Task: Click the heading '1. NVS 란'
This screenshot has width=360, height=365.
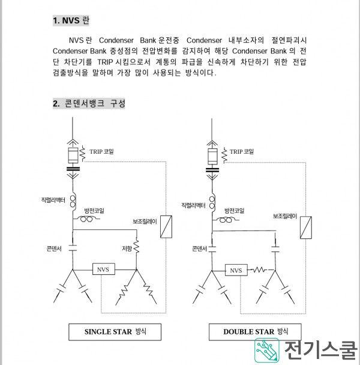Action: pyautogui.click(x=71, y=20)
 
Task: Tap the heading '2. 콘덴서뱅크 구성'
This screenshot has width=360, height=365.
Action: pyautogui.click(x=89, y=103)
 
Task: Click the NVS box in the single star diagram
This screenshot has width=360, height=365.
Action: pyautogui.click(x=104, y=269)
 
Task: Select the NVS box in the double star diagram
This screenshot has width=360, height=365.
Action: pyautogui.click(x=236, y=270)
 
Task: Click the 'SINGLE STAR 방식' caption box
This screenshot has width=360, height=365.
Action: pyautogui.click(x=115, y=332)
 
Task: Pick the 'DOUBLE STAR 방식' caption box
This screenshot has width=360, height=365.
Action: pyautogui.click(x=255, y=332)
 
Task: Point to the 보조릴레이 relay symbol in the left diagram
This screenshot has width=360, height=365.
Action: pyautogui.click(x=166, y=227)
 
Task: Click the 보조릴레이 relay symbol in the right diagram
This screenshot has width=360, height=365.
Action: pyautogui.click(x=306, y=228)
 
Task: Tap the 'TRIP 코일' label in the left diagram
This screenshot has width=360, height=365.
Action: pyautogui.click(x=101, y=151)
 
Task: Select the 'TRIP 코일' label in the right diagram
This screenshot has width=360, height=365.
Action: pyautogui.click(x=242, y=151)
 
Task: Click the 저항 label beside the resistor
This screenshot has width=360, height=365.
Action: pyautogui.click(x=127, y=249)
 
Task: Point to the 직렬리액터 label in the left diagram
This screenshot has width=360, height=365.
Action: pyautogui.click(x=53, y=200)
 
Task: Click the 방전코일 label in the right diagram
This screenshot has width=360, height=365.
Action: pyautogui.click(x=234, y=211)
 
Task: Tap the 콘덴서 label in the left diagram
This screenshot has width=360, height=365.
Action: pyautogui.click(x=54, y=249)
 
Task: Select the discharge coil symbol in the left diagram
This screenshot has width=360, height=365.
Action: pyautogui.click(x=86, y=219)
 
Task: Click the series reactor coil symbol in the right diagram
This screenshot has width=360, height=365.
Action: pyautogui.click(x=212, y=202)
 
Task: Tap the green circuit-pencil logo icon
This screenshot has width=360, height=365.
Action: pyautogui.click(x=266, y=351)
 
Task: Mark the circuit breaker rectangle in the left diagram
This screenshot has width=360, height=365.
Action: pyautogui.click(x=73, y=155)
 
